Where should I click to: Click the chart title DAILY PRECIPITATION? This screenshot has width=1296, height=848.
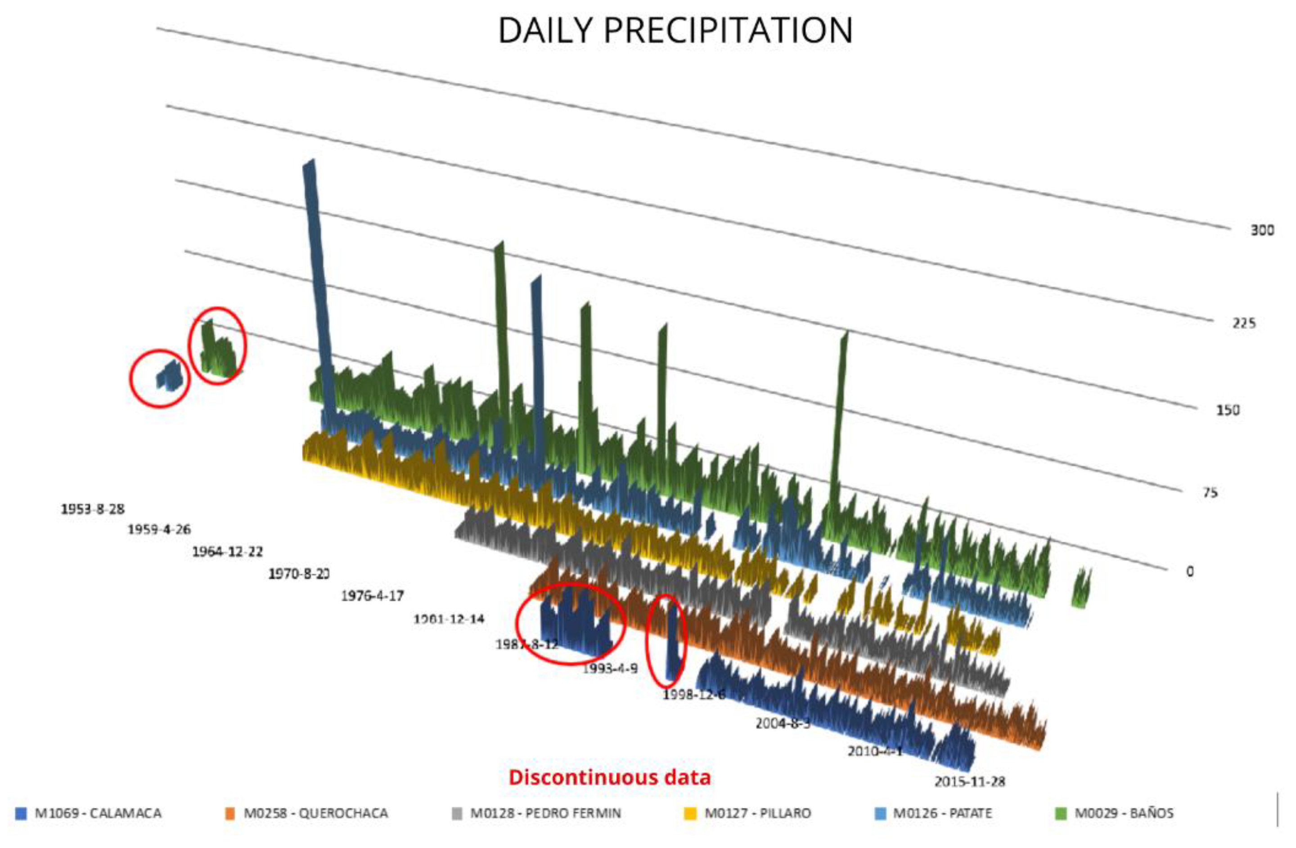(x=675, y=31)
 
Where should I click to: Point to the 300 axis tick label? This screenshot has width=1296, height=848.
(x=1262, y=230)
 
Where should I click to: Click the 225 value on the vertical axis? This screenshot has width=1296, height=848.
(x=1244, y=323)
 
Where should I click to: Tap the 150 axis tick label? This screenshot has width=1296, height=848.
(x=1228, y=410)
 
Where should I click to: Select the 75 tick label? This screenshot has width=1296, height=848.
(x=1210, y=493)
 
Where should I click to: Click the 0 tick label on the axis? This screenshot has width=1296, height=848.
(x=1190, y=571)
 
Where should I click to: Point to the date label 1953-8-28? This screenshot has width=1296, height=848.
(x=93, y=509)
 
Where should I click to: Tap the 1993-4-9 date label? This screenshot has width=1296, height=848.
(x=610, y=669)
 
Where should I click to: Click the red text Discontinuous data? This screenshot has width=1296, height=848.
(x=609, y=777)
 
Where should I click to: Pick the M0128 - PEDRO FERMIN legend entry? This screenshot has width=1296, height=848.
(x=544, y=814)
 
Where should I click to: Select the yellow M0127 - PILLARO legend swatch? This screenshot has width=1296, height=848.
(x=690, y=814)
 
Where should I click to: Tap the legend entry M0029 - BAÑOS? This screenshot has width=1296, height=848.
(x=1123, y=814)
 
